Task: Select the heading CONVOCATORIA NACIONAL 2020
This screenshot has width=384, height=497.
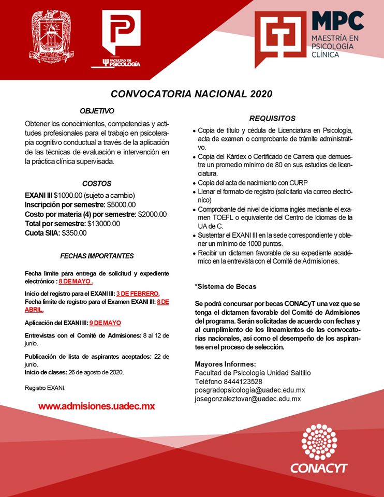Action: click(191, 94)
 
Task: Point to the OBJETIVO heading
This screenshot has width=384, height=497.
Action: click(97, 111)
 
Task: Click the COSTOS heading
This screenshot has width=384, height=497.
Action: click(97, 183)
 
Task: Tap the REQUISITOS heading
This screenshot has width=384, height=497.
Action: click(272, 118)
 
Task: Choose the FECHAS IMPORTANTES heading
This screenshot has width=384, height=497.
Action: click(97, 256)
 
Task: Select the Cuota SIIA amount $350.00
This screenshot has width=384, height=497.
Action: click(74, 233)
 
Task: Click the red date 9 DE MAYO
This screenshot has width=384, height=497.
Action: click(105, 323)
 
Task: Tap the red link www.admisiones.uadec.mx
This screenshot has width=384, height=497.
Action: click(97, 406)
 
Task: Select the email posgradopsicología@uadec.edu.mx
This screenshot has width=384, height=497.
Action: click(249, 390)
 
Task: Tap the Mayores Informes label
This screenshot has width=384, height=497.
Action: click(225, 364)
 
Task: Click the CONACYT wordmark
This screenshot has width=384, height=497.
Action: click(319, 469)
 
